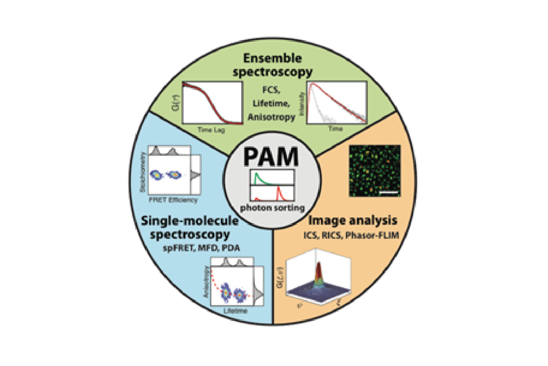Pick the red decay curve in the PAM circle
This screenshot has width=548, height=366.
279,190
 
